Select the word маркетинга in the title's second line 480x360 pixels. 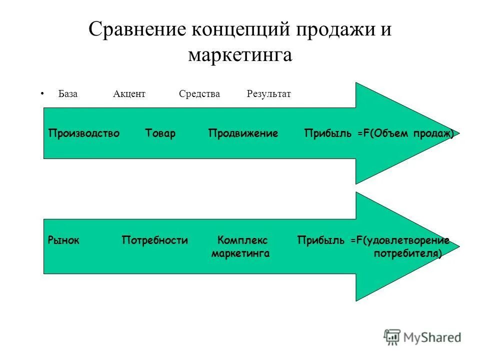pyautogui.click(x=240, y=54)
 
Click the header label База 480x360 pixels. pyautogui.click(x=67, y=94)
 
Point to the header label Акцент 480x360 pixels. pyautogui.click(x=129, y=94)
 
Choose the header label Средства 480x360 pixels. pyautogui.click(x=199, y=94)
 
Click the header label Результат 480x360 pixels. pyautogui.click(x=268, y=94)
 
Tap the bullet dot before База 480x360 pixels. pyautogui.click(x=42, y=93)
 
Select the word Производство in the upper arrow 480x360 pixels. pyautogui.click(x=84, y=133)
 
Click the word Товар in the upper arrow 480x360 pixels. pyautogui.click(x=160, y=133)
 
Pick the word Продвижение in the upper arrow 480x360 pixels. pyautogui.click(x=243, y=133)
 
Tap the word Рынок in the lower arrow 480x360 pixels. pyautogui.click(x=63, y=240)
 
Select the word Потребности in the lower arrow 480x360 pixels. pyautogui.click(x=155, y=240)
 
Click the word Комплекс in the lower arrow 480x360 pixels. pyautogui.click(x=242, y=240)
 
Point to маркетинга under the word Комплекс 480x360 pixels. pyautogui.click(x=240, y=253)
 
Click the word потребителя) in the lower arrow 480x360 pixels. pyautogui.click(x=407, y=253)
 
